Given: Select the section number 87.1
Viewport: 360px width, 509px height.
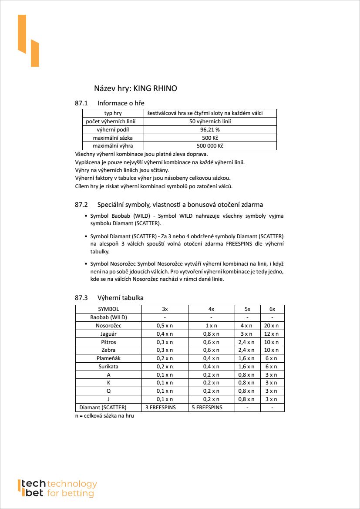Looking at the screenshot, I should (81, 103).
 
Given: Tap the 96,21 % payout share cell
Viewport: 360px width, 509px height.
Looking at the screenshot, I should (210, 129).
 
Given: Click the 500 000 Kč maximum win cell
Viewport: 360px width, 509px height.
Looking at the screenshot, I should (210, 145).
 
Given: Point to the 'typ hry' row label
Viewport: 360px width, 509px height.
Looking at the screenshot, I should (113, 113).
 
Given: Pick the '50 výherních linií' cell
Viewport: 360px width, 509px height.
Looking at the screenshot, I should (210, 121).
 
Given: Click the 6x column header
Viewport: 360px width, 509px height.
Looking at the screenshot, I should (272, 309).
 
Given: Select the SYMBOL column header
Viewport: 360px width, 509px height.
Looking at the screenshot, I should (108, 309).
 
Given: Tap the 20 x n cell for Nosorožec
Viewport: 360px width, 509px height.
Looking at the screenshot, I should (272, 326).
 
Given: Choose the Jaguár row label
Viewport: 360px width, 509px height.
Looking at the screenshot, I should (108, 334).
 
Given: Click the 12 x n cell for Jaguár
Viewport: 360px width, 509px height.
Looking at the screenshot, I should (272, 334).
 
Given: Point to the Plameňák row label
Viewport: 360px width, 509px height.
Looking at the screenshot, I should (108, 358).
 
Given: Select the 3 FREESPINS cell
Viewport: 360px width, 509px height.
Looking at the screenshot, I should (165, 408).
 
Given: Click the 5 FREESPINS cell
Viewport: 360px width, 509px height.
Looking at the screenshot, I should (207, 408).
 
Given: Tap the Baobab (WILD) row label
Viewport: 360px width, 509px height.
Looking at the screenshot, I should (108, 317).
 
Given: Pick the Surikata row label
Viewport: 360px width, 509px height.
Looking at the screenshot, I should (108, 367).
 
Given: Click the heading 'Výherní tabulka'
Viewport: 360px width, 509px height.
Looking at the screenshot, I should (121, 298).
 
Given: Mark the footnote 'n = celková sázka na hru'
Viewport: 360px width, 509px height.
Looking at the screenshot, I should (104, 416).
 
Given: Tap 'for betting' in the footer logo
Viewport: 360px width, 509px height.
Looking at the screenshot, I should (70, 493).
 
